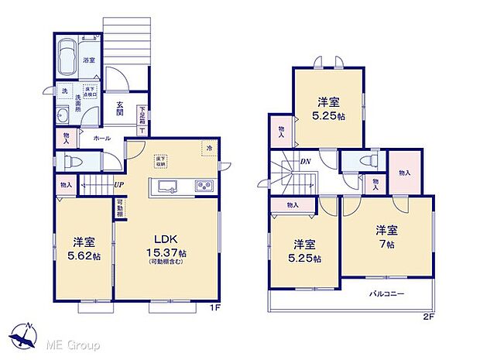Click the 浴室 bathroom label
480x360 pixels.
click(89, 60)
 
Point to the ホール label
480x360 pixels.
click(101, 138)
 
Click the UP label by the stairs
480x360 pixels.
click(118, 184)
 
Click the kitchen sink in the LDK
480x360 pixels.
click(167, 186)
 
